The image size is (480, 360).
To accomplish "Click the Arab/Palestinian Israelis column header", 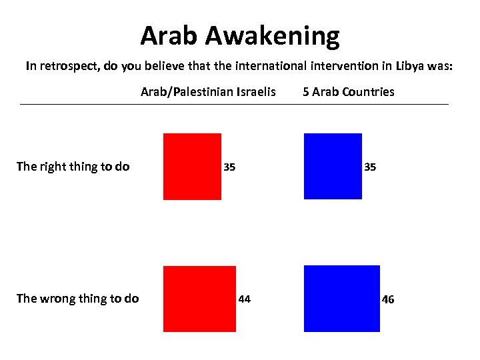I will (x=208, y=92).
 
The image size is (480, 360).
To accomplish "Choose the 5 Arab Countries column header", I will (x=348, y=92).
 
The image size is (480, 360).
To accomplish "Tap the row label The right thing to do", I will (x=73, y=167).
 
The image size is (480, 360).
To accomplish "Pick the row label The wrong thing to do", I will (x=77, y=299).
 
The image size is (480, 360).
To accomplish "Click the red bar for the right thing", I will (x=192, y=167).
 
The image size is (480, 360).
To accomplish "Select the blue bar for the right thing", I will (x=333, y=167).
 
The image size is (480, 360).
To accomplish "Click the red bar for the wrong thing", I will (x=199, y=299).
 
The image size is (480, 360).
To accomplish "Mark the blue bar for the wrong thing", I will (x=341, y=299).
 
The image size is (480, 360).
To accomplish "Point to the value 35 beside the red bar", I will (x=229, y=167).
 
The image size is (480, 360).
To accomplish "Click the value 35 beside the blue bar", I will (x=370, y=167).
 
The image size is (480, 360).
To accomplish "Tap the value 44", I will (x=245, y=299).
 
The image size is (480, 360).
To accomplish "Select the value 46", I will (x=388, y=299).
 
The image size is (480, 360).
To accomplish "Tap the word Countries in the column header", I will (x=367, y=92).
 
